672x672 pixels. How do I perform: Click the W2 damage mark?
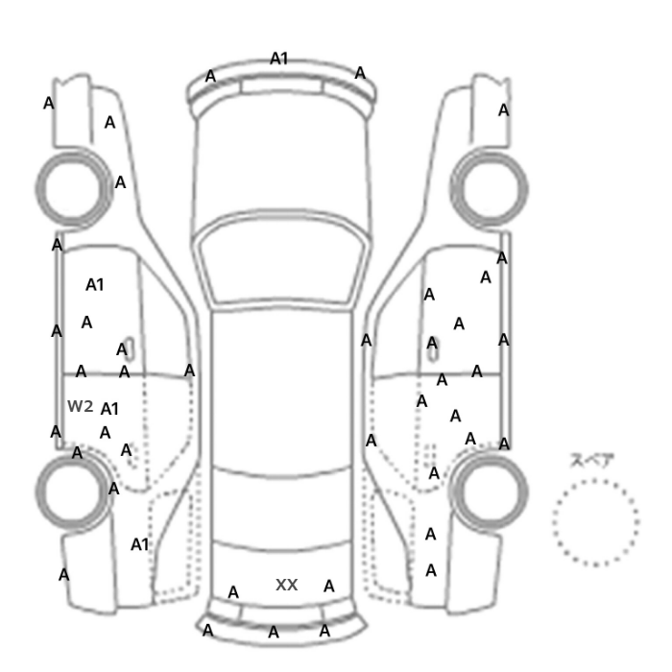[x=80, y=406]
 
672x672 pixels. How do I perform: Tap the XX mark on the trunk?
[x=286, y=585]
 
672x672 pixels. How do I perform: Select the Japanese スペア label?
[x=592, y=461]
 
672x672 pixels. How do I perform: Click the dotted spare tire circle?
[x=553, y=522]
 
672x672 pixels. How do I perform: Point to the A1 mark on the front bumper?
[x=278, y=59]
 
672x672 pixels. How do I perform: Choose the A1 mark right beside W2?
[x=109, y=409]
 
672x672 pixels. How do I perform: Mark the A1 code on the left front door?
[x=95, y=284]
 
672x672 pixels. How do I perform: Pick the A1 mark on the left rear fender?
[x=140, y=544]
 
